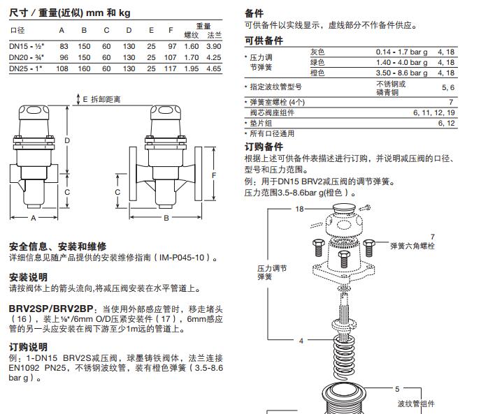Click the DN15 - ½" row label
(25, 45)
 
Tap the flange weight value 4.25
(213, 57)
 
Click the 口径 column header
(17, 30)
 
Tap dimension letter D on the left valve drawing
(67, 140)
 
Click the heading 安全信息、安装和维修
(57, 246)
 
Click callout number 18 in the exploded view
(299, 209)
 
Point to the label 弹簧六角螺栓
(412, 246)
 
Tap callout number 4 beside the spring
(301, 341)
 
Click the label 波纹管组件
(416, 404)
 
